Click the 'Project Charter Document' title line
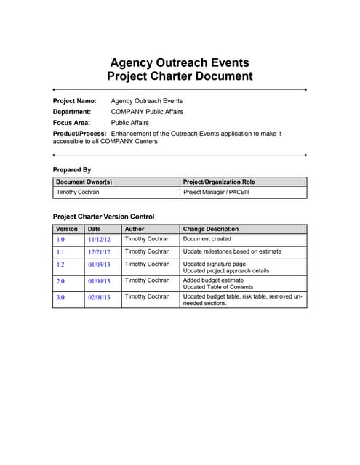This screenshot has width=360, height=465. [180, 76]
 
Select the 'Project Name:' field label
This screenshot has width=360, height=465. [75, 101]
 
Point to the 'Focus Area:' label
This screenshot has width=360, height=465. [71, 123]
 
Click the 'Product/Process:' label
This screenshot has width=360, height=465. [80, 134]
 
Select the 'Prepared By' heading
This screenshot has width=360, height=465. [72, 169]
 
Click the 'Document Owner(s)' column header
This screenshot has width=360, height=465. [84, 182]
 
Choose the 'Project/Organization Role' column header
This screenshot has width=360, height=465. [219, 182]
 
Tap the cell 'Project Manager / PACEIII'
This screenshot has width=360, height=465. [215, 193]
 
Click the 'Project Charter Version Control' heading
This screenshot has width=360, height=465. [103, 217]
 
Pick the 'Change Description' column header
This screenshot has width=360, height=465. [211, 229]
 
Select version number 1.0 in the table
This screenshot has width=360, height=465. [60, 239]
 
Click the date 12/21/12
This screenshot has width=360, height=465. [99, 252]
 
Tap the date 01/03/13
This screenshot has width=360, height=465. [99, 265]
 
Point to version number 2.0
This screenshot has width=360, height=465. [60, 281]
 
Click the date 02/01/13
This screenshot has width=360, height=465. [99, 298]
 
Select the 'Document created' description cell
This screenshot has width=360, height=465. [207, 238]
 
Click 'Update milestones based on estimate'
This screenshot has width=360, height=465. [232, 251]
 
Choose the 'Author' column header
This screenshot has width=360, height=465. [135, 229]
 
